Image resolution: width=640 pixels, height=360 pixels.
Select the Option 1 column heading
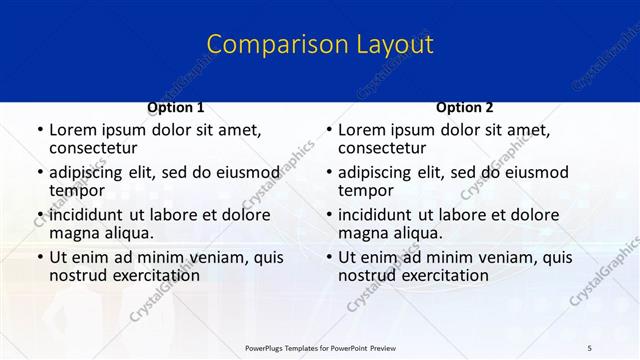(176, 107)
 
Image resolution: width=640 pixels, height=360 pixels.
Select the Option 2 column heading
(464, 107)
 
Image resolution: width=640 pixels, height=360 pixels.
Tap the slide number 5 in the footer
(590, 346)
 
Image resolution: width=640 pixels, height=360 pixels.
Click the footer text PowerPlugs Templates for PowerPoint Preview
(319, 346)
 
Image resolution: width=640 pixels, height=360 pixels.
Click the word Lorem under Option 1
(72, 130)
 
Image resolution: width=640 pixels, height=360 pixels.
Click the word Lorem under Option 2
(361, 130)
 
